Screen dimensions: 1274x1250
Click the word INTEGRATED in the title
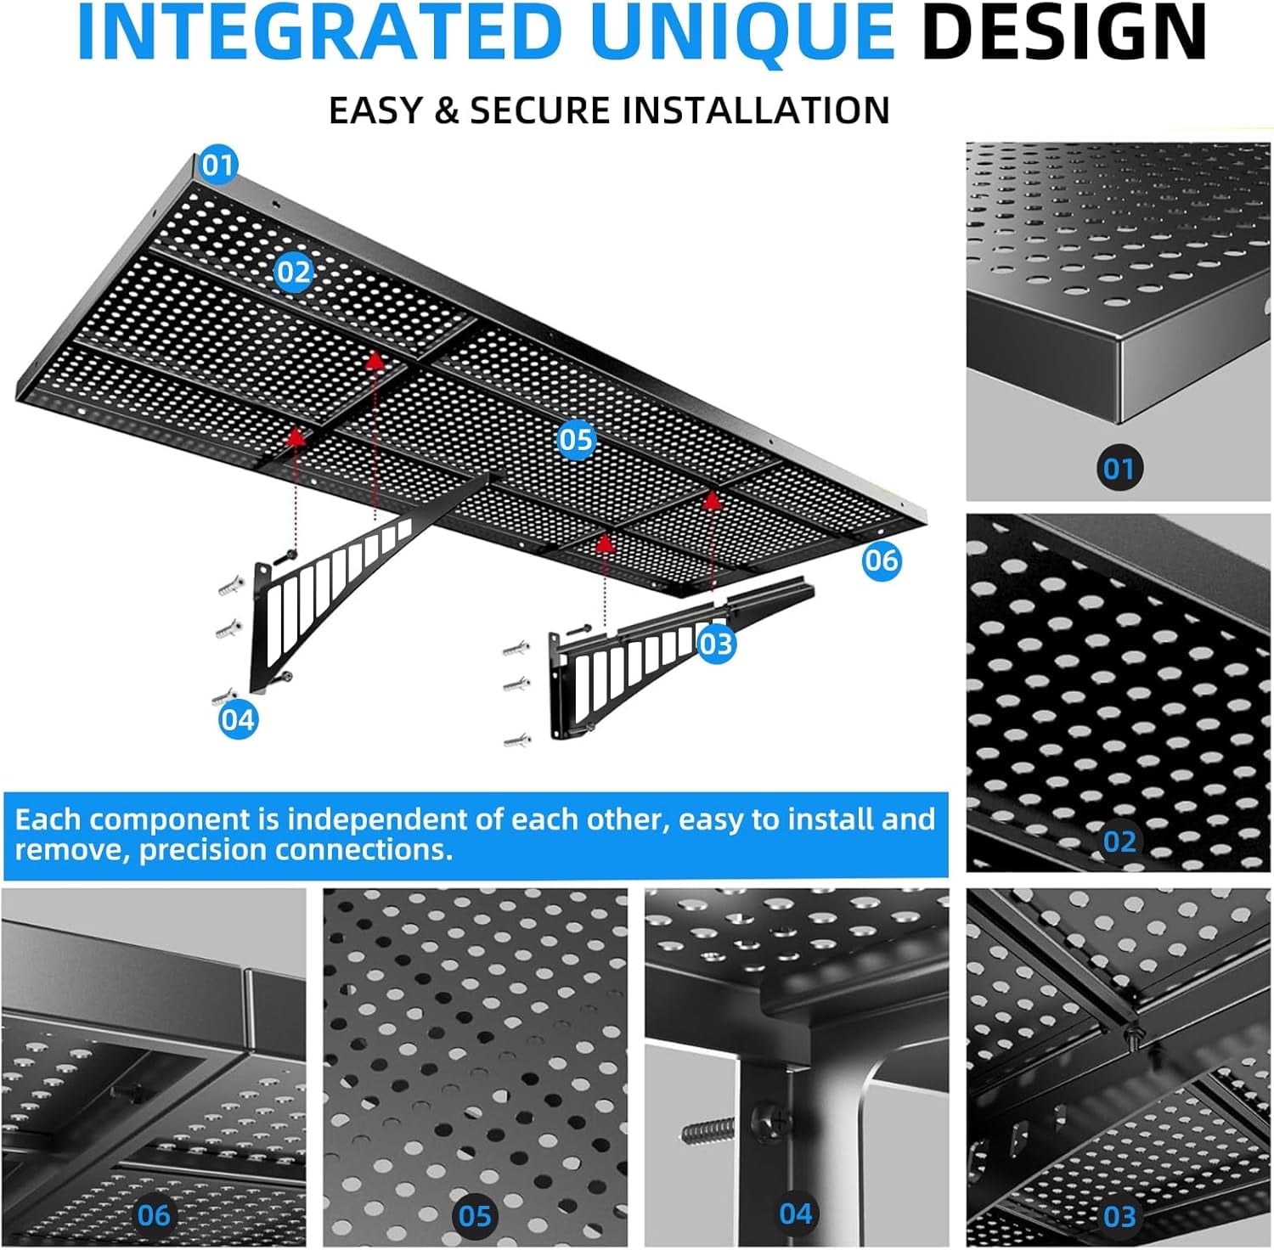point(319,32)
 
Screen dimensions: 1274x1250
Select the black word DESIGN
point(1064,32)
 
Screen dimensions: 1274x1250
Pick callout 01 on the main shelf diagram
point(218,165)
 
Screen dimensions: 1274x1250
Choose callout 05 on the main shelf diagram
point(576,439)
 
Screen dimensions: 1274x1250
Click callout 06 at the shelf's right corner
point(881,560)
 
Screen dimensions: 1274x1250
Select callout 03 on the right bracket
point(716,644)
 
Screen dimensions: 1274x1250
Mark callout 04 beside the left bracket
point(238,719)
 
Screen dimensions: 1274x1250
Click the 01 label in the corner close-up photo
point(1119,468)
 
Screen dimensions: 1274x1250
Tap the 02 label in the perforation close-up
point(1119,841)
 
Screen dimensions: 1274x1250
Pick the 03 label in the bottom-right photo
point(1119,1216)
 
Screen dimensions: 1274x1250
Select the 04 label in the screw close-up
point(796,1213)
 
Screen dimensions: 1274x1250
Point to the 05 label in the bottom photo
point(475,1216)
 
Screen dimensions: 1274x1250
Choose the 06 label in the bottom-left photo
point(154,1215)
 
